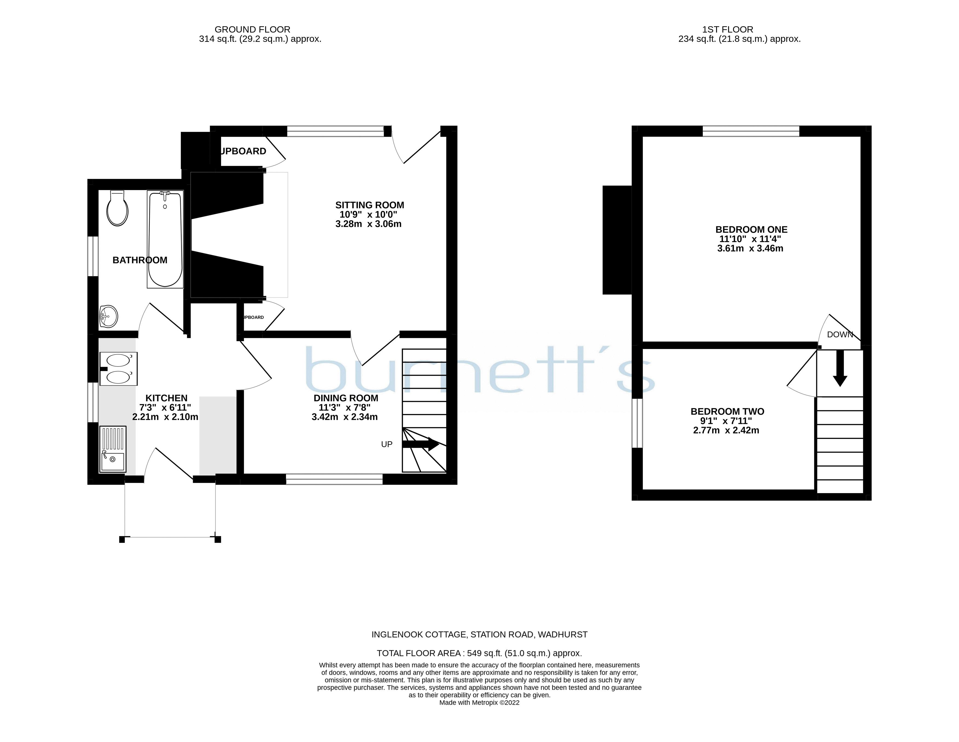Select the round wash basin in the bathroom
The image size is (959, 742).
[109, 316]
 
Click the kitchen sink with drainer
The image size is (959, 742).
[112, 449]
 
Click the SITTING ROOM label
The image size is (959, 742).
[369, 205]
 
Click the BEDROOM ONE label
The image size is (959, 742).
[751, 230]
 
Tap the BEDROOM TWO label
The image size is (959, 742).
[727, 411]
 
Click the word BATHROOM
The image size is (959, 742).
[140, 260]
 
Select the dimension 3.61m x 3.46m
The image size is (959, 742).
[750, 249]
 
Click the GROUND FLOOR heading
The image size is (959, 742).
[252, 30]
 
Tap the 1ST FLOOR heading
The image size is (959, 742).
[728, 30]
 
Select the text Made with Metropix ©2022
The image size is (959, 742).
[479, 703]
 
